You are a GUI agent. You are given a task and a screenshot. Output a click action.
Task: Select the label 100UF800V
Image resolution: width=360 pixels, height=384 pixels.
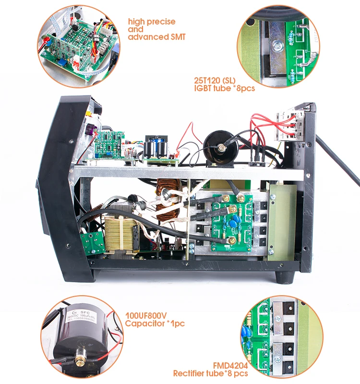pos(146,315)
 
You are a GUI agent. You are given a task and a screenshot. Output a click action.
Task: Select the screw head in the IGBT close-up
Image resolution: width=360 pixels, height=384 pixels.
pos(275,46)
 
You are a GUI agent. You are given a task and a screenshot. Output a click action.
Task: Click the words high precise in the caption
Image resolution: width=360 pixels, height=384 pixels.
pos(151,22)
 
